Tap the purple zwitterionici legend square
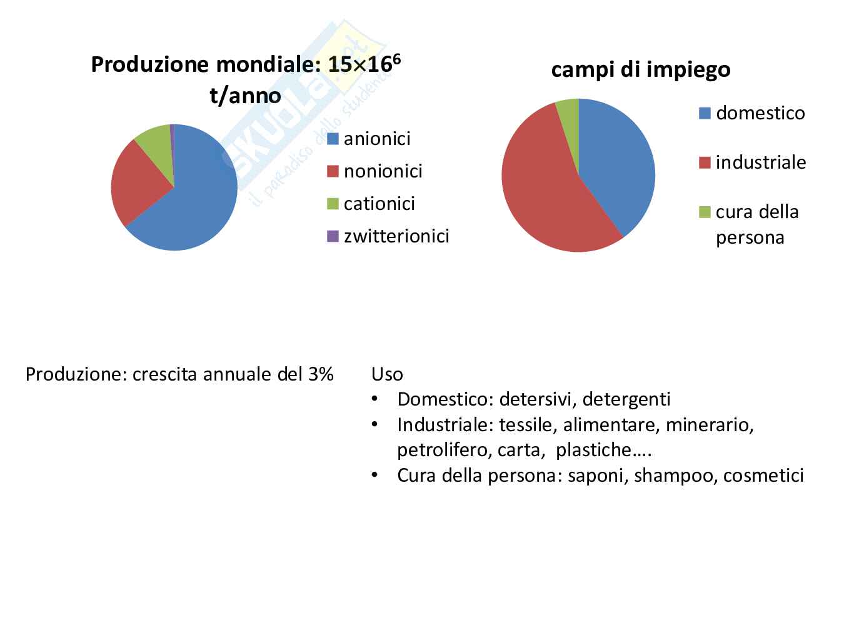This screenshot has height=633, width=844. [x=333, y=236]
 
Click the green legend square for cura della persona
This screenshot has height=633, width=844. [x=705, y=212]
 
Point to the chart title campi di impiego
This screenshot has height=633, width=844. [x=640, y=69]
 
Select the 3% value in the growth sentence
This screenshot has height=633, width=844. [x=320, y=374]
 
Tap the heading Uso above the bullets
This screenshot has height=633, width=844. [x=386, y=374]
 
